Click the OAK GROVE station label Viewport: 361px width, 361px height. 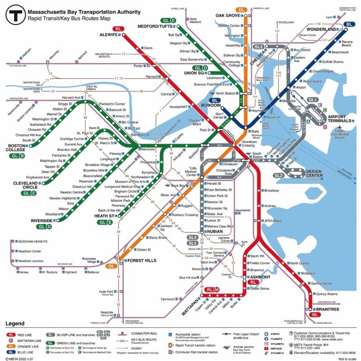[228, 15]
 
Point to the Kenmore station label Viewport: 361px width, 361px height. [149, 149]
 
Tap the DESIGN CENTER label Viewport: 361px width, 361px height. [320, 171]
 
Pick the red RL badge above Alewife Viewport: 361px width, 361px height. [119, 28]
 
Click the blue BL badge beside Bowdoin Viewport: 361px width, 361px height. [213, 100]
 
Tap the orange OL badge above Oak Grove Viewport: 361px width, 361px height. [241, 9]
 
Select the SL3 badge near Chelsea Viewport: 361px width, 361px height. [259, 46]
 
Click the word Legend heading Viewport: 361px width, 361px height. [15, 324]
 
